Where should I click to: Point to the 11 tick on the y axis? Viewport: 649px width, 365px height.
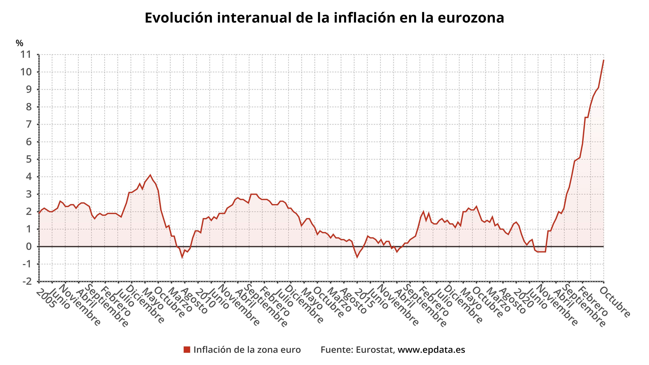coord(26,54)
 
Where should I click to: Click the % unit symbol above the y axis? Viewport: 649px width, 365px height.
coord(19,43)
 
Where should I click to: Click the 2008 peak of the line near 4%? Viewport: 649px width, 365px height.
coord(150,175)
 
